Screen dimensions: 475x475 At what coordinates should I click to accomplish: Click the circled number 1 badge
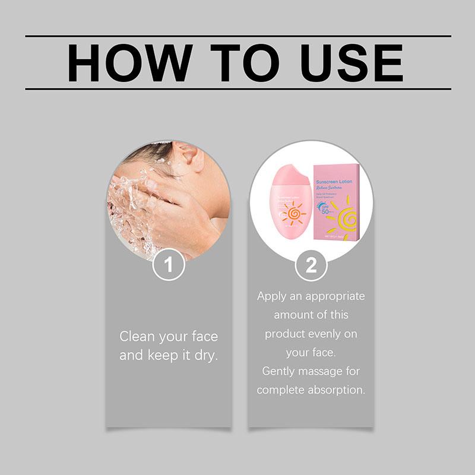(x=169, y=265)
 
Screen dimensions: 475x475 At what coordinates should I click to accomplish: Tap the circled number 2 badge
(x=311, y=265)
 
